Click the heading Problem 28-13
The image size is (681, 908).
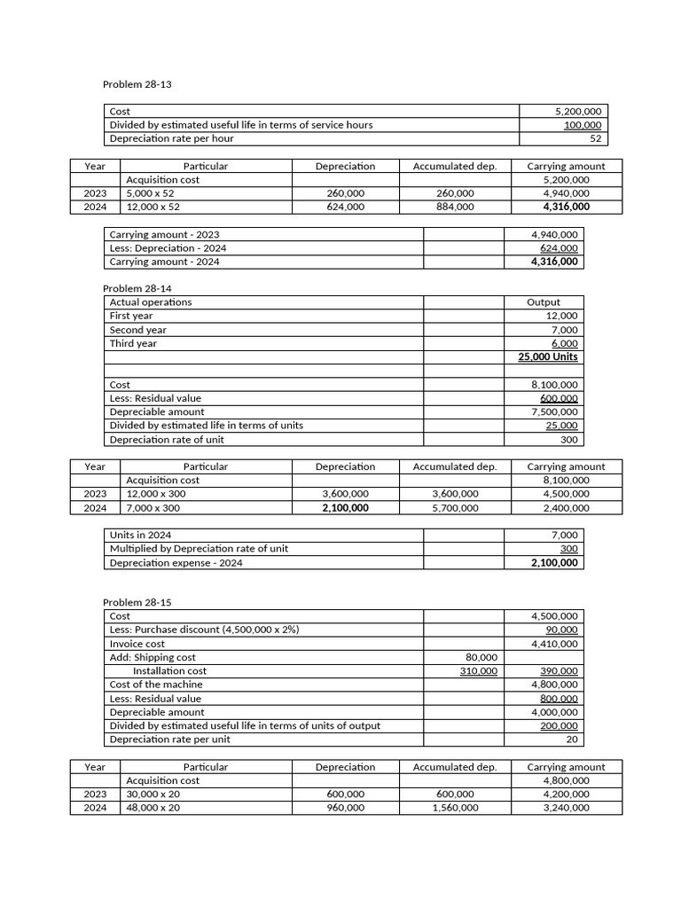click(x=137, y=84)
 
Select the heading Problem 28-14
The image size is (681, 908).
click(x=137, y=288)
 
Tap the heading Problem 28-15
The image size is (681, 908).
click(x=137, y=602)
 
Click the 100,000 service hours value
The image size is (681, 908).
click(x=583, y=125)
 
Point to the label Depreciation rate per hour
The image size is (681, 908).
click(x=172, y=138)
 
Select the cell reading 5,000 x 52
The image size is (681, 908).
click(x=151, y=193)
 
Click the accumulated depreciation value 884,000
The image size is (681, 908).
click(x=455, y=207)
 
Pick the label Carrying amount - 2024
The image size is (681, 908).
click(x=165, y=262)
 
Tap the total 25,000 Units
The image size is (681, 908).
click(x=547, y=356)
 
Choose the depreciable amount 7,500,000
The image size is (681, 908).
click(x=554, y=411)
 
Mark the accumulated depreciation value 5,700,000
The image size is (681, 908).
click(x=455, y=508)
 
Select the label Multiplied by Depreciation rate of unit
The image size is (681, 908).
click(x=199, y=548)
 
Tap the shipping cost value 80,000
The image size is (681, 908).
click(x=481, y=657)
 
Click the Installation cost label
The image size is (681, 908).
click(x=169, y=671)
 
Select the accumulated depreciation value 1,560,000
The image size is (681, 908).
click(x=455, y=808)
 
